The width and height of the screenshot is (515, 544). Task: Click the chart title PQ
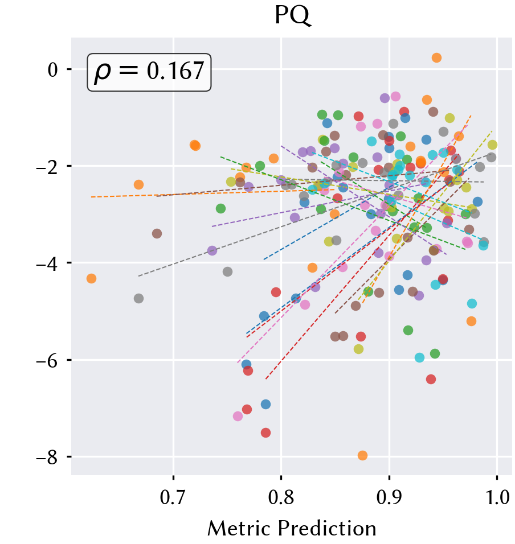coord(292,15)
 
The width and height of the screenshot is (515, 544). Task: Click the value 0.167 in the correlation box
coord(175,71)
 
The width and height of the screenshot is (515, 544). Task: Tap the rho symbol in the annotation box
coord(103,73)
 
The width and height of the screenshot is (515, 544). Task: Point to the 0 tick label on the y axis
coord(52,70)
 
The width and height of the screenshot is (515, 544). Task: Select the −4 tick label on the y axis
coord(47,263)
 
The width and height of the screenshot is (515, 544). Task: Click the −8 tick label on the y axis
coord(47,458)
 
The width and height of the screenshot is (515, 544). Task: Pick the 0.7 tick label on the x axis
coord(173,497)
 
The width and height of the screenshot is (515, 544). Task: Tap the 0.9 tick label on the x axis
coord(389,497)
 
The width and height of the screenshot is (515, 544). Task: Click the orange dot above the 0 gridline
coord(436,57)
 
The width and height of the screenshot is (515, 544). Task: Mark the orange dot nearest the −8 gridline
coord(362,455)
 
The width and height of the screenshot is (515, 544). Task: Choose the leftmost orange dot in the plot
coord(91,278)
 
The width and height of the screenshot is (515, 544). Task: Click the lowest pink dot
coord(238,416)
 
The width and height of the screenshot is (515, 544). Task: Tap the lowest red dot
coord(265,432)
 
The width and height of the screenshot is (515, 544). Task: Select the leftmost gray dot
coord(138,298)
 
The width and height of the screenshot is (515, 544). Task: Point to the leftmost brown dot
coord(157,233)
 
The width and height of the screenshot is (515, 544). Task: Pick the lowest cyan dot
coord(419,357)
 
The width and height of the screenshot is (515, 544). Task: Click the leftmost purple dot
coord(212,250)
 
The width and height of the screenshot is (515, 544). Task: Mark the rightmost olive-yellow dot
coord(492,145)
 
